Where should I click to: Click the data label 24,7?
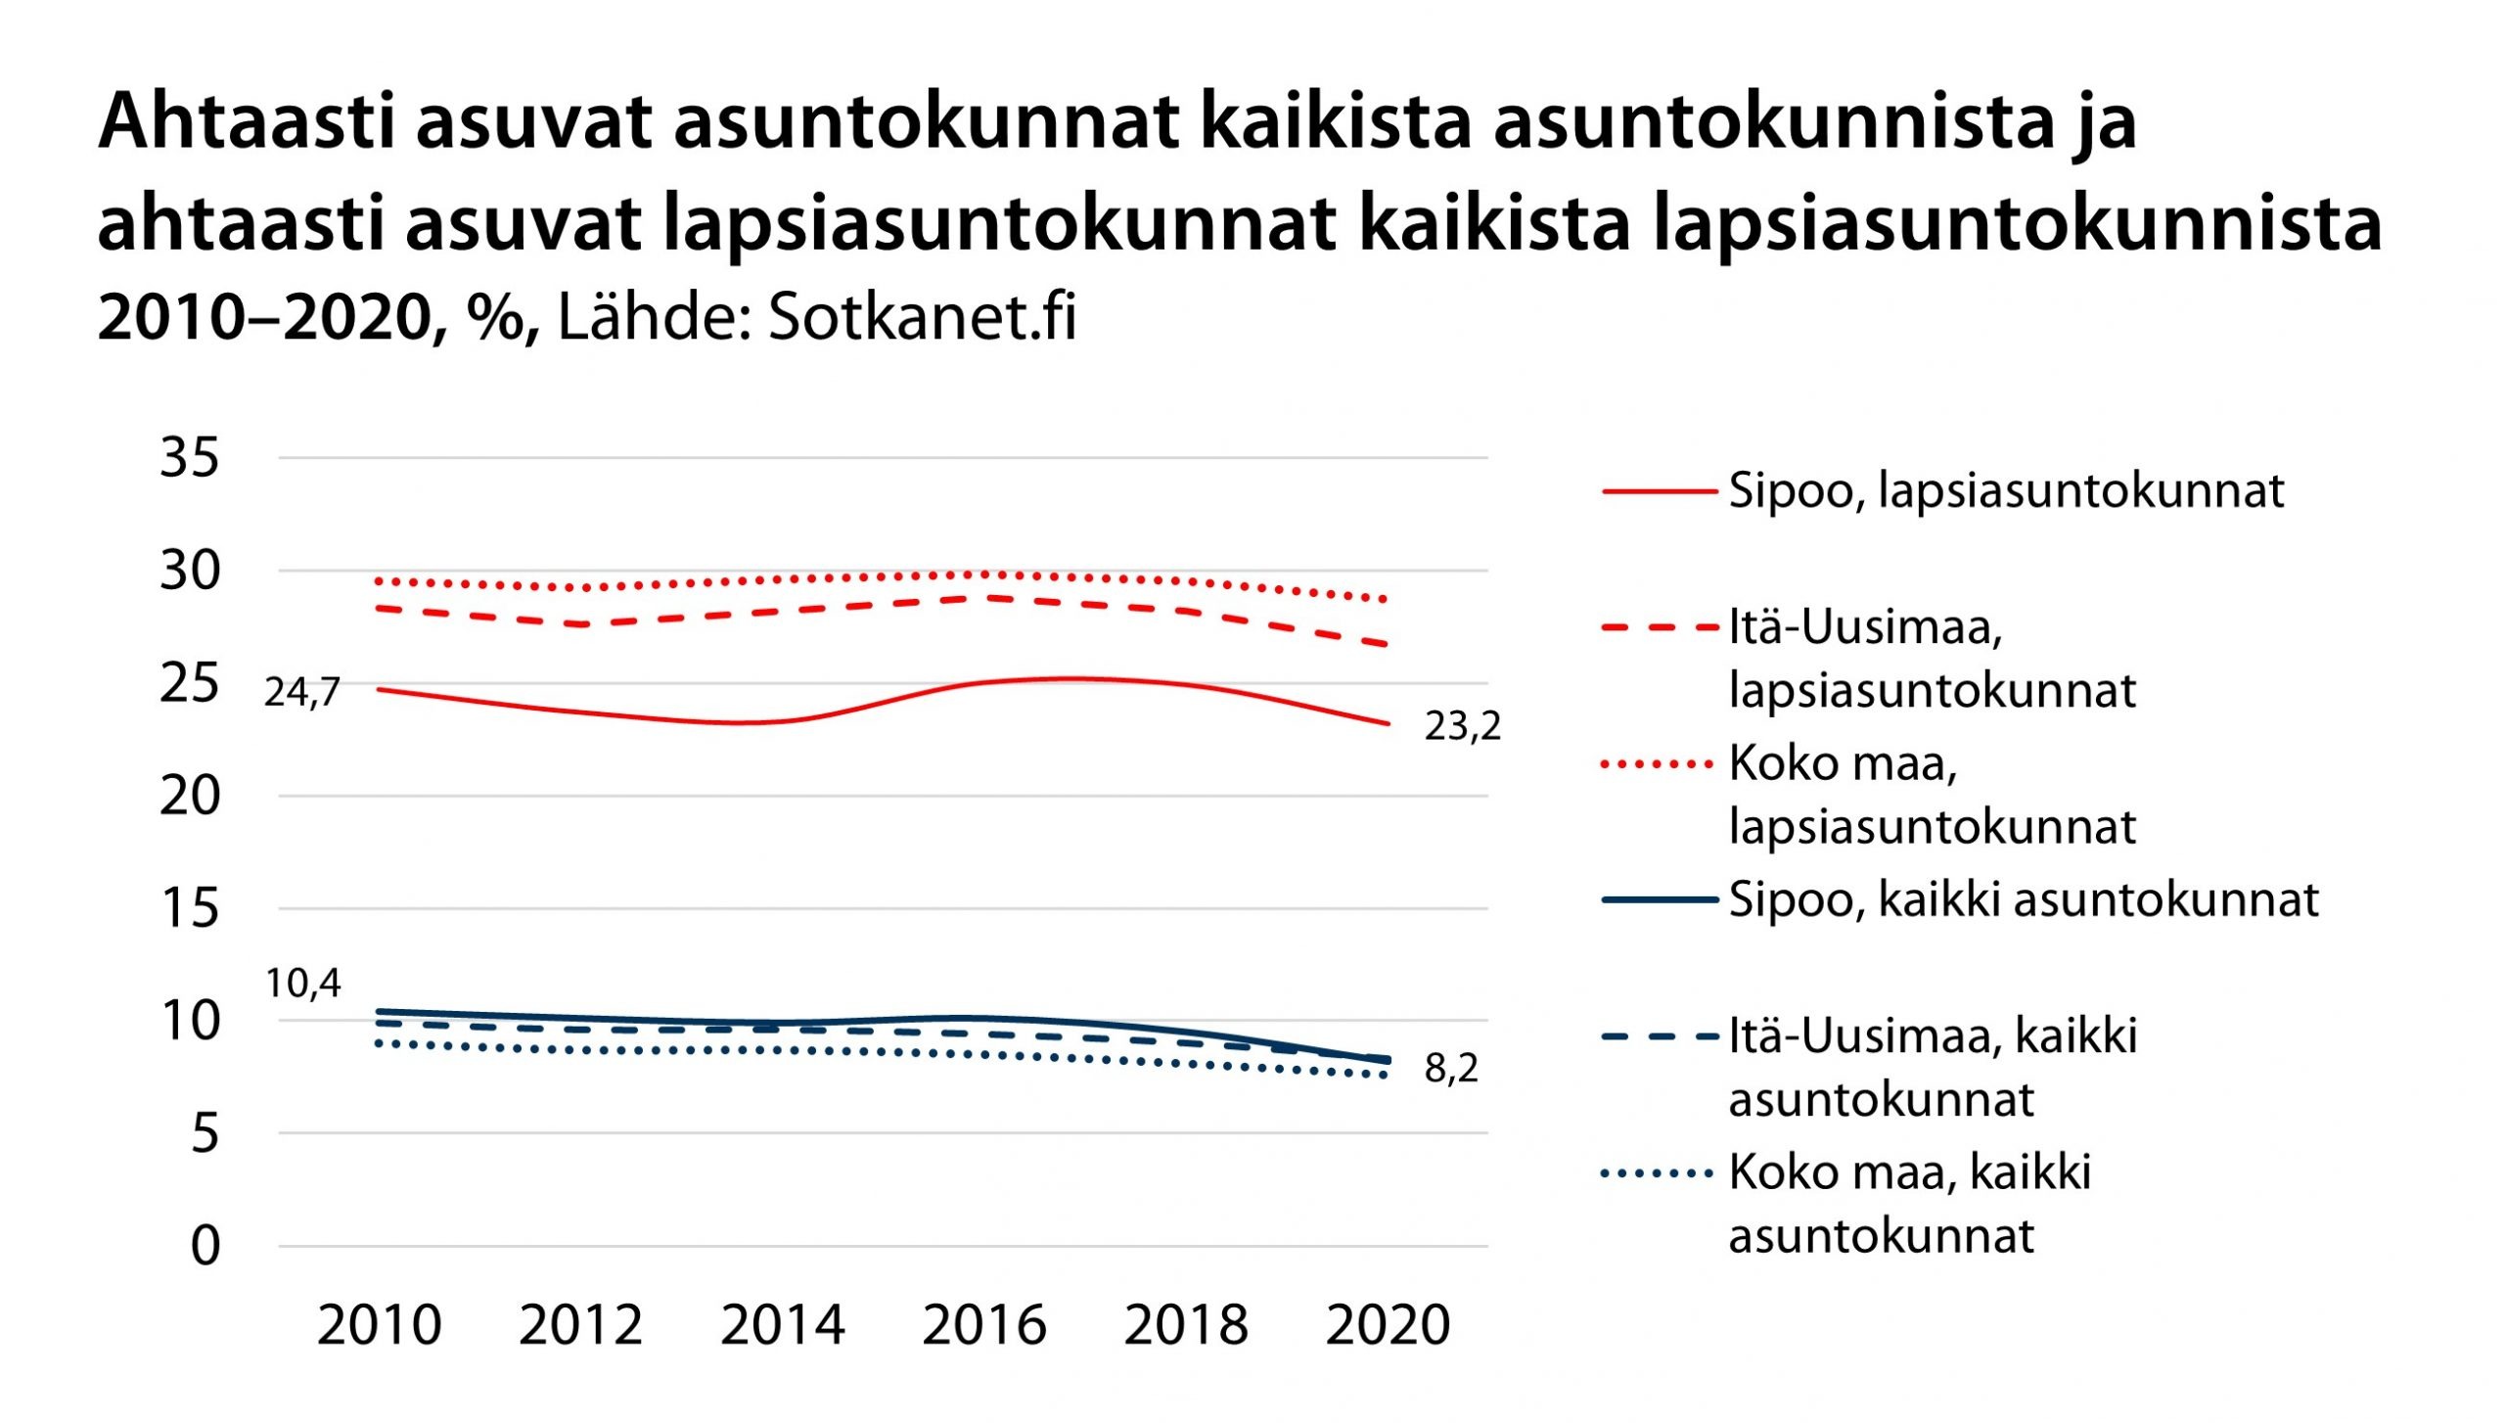coord(301,693)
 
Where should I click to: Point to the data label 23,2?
coord(1462,726)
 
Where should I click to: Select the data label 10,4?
coord(302,984)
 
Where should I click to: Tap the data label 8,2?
coord(1451,1068)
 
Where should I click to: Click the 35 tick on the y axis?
coord(190,457)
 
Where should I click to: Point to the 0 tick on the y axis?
coord(205,1247)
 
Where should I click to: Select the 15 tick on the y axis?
coord(190,908)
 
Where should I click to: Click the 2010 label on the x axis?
coord(380,1326)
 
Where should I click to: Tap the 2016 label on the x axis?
coord(984,1326)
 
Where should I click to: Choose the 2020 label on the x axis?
coord(1388,1326)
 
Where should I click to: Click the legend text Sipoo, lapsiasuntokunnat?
coord(2006,490)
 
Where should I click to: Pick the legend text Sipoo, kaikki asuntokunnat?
coord(2024,899)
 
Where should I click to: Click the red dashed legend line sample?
coord(1660,627)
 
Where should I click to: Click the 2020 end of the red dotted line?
coord(1384,599)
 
